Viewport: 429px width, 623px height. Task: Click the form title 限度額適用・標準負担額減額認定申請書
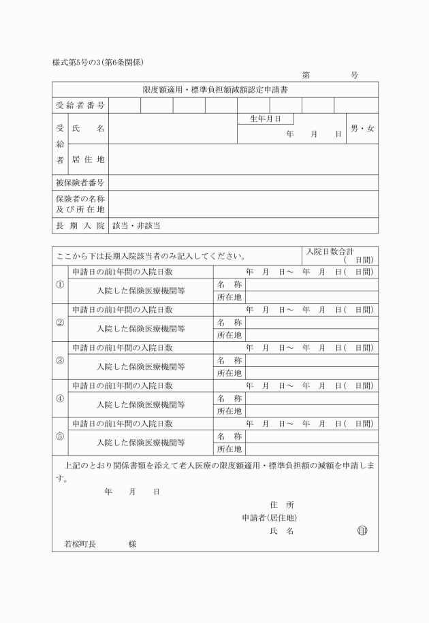click(214, 89)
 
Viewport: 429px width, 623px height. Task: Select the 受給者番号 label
click(80, 106)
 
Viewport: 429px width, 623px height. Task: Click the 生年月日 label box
click(266, 118)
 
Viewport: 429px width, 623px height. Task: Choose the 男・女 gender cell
click(362, 129)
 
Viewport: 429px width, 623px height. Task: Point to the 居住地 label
click(88, 160)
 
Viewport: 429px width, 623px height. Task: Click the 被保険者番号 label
click(80, 182)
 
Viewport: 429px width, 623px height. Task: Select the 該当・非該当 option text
click(136, 225)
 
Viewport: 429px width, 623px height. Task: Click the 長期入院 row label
click(80, 225)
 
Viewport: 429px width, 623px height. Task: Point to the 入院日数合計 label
click(330, 251)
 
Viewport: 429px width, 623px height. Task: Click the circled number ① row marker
click(60, 285)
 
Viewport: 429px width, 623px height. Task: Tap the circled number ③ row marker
click(60, 360)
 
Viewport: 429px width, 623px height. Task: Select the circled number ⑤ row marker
click(60, 436)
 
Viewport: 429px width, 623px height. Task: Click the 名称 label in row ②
click(229, 322)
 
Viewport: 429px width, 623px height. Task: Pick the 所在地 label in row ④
click(229, 411)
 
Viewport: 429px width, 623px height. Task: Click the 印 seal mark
click(362, 530)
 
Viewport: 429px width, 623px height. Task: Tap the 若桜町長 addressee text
click(80, 544)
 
